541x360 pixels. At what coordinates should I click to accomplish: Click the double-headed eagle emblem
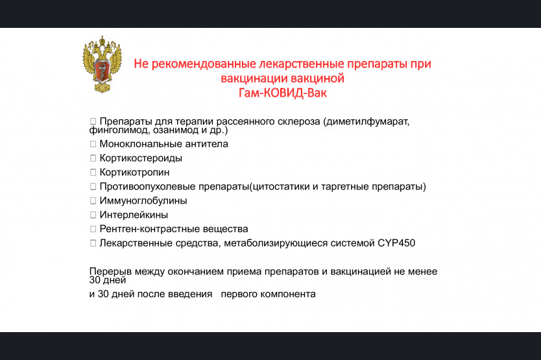(x=102, y=64)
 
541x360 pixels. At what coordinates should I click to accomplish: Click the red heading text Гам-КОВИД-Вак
(x=282, y=93)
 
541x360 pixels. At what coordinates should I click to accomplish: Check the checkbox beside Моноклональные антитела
(x=93, y=144)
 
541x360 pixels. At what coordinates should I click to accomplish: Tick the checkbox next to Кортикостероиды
(x=93, y=158)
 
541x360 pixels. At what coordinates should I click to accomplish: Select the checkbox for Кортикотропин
(x=93, y=173)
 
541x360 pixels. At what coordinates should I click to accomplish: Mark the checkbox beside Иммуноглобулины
(x=93, y=200)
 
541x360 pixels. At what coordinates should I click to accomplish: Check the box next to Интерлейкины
(x=93, y=215)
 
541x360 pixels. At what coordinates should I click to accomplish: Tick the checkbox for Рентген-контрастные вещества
(x=93, y=229)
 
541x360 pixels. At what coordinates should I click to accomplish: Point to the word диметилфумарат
(x=367, y=122)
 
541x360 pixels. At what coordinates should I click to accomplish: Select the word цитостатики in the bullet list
(x=281, y=186)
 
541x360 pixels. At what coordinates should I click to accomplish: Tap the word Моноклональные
(x=141, y=144)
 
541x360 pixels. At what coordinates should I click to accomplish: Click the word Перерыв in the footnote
(x=110, y=272)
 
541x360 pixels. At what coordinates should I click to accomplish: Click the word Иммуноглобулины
(x=143, y=201)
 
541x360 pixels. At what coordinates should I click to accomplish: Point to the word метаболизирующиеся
(x=276, y=243)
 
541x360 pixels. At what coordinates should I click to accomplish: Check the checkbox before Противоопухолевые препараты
(x=93, y=186)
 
